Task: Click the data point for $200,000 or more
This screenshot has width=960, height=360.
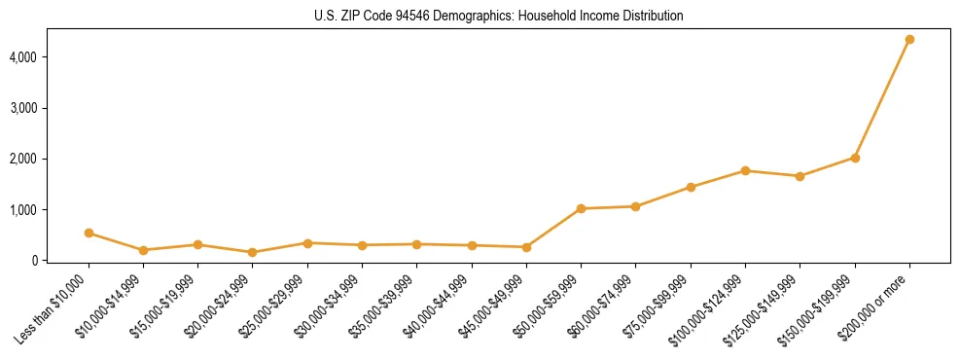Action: (x=909, y=39)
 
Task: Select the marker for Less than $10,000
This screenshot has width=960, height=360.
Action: (x=89, y=233)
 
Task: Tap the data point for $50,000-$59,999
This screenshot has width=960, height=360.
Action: (x=581, y=208)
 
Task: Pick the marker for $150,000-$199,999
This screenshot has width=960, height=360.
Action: (x=855, y=158)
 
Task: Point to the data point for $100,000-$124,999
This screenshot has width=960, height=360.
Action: (x=745, y=170)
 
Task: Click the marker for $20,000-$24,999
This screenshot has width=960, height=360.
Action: (x=253, y=252)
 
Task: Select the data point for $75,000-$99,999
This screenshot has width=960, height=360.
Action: (x=691, y=187)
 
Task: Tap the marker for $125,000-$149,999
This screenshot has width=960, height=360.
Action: (x=800, y=176)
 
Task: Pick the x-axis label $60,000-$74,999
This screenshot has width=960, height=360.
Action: (x=603, y=306)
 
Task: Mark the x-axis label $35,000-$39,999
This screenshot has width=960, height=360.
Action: (x=384, y=306)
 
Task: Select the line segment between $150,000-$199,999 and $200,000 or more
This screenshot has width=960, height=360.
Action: (x=882, y=98)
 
